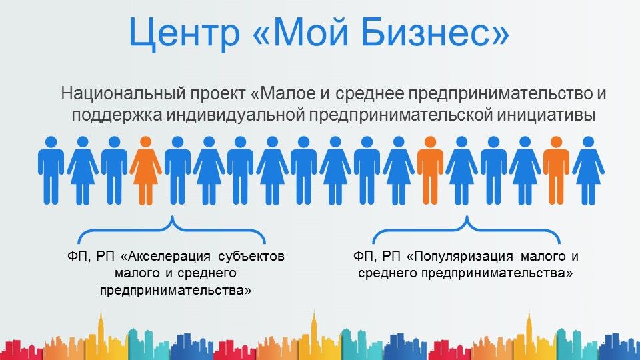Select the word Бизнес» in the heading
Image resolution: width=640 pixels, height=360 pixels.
pyautogui.click(x=435, y=32)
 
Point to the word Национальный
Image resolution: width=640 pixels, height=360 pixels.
pyautogui.click(x=121, y=94)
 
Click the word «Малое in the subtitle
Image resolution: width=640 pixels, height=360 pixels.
pyautogui.click(x=283, y=93)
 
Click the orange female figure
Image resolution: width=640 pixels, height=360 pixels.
pyautogui.click(x=146, y=171)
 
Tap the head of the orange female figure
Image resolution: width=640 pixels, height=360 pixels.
pyautogui.click(x=146, y=141)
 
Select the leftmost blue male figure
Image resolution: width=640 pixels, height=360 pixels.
pyautogui.click(x=51, y=171)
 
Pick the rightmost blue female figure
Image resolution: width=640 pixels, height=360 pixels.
pyautogui.click(x=588, y=171)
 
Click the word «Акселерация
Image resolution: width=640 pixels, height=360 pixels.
pyautogui.click(x=166, y=257)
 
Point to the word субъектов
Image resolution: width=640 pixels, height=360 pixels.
pyautogui.click(x=251, y=257)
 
